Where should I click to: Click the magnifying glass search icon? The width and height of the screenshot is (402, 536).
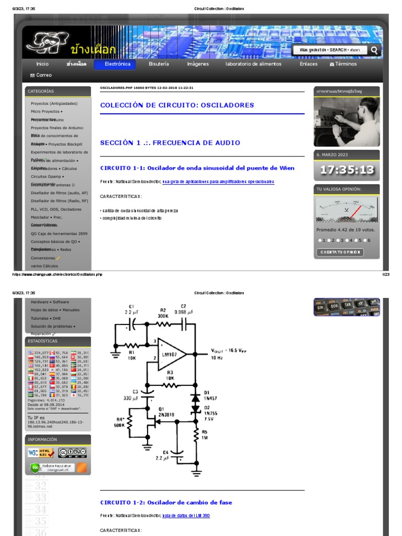pyautogui.click(x=374, y=50)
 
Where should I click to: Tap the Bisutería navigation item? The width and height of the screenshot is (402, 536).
pyautogui.click(x=159, y=64)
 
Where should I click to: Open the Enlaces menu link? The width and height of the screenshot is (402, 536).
pyautogui.click(x=308, y=64)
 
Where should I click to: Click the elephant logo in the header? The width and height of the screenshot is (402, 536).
pyautogui.click(x=47, y=43)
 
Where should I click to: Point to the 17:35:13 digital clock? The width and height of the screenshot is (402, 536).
pyautogui.click(x=347, y=170)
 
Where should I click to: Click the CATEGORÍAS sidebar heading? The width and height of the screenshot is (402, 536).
pyautogui.click(x=41, y=91)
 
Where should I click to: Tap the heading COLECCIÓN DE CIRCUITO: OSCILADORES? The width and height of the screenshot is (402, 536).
pyautogui.click(x=177, y=105)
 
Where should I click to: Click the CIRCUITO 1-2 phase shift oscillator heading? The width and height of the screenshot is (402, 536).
pyautogui.click(x=166, y=502)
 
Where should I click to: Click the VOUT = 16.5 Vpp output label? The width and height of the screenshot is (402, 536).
pyautogui.click(x=228, y=351)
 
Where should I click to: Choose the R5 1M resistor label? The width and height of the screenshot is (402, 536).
pyautogui.click(x=204, y=434)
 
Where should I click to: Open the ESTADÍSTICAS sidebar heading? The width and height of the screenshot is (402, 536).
pyautogui.click(x=42, y=341)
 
